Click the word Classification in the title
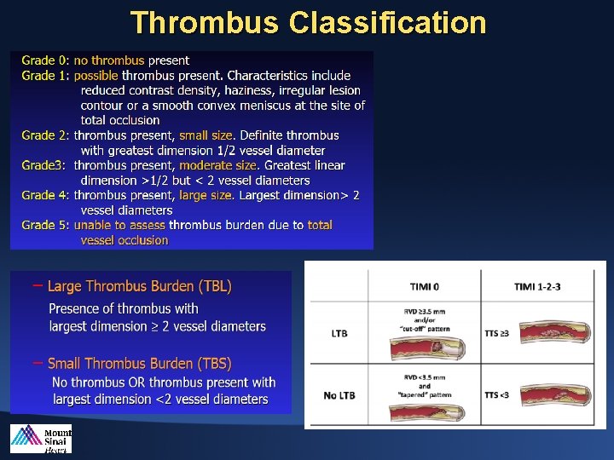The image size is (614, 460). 388,23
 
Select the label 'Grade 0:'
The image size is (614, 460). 45,60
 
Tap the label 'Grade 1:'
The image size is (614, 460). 45,75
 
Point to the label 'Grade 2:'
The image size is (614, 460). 45,135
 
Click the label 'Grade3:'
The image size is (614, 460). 43,165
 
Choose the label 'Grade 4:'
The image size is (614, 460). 45,195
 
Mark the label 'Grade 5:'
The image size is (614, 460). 45,225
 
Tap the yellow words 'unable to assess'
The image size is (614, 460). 119,225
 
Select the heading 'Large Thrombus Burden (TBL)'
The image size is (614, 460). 139,286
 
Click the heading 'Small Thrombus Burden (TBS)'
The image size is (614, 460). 139,364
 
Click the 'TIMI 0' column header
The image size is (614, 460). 424,285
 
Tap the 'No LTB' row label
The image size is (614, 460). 339,394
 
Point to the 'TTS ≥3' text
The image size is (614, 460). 497,333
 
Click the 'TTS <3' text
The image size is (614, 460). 497,394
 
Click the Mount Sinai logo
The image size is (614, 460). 41,439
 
